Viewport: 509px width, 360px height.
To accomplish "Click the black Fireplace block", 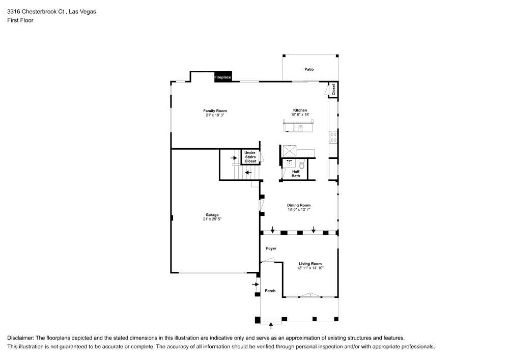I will tap(223, 76).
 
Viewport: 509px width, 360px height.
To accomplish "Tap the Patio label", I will tap(309, 69).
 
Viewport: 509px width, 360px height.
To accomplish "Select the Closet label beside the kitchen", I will tap(333, 90).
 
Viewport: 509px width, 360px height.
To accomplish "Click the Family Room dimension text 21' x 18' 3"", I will tap(215, 115).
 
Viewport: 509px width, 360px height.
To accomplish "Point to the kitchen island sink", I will tap(297, 127).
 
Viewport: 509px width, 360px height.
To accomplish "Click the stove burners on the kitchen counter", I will tap(333, 136).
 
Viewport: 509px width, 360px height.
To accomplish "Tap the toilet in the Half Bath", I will tap(301, 164).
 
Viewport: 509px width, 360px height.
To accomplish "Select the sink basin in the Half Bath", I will tap(290, 163).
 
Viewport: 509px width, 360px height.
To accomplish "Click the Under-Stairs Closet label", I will tap(250, 157).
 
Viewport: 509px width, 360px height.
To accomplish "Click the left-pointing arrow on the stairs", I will tap(248, 173).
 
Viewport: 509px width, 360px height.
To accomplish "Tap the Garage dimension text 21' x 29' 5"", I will tap(212, 219).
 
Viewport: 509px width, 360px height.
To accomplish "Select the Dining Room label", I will tap(299, 205).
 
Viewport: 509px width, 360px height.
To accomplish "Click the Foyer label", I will tap(271, 248).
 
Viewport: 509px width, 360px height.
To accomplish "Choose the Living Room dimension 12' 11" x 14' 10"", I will tap(310, 268).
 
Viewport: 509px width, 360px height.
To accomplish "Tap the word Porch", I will tap(270, 291).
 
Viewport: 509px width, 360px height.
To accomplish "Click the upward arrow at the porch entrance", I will tap(271, 324).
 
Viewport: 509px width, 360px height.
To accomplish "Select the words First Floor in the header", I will tap(20, 20).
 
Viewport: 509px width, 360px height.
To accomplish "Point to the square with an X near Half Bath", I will tap(291, 151).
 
